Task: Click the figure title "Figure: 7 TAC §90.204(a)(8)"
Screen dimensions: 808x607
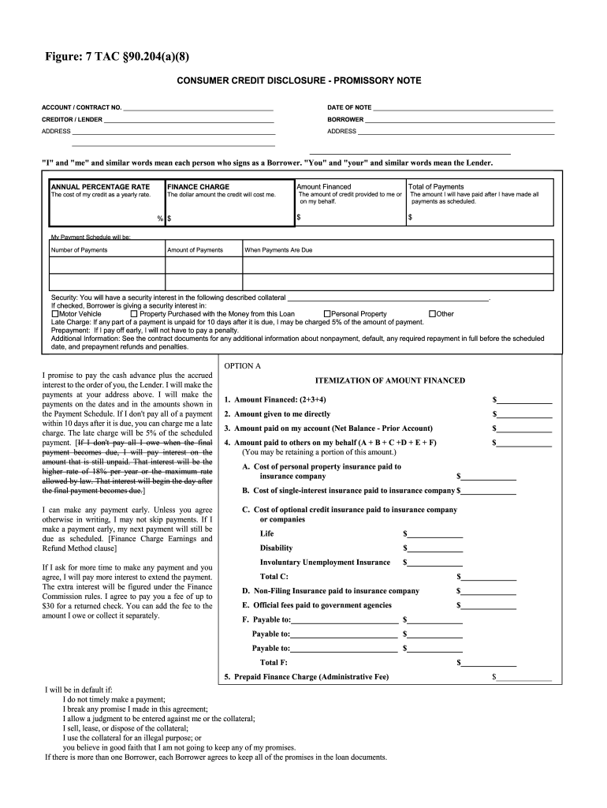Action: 117,56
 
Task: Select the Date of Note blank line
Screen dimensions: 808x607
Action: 463,107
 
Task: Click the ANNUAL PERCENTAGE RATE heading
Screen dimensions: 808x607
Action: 100,187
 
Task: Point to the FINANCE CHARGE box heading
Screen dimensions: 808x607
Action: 199,187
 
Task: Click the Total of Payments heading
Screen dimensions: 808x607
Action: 436,187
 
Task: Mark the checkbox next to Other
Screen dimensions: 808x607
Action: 432,314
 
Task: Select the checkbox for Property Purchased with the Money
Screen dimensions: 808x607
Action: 134,314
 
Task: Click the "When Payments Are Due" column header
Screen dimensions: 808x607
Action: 278,250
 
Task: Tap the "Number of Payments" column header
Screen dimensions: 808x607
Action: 79,250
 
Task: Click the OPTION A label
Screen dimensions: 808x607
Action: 242,366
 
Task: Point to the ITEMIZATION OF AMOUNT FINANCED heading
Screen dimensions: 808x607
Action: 390,380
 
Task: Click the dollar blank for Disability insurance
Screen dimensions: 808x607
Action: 435,548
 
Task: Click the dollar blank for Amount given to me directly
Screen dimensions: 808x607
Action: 525,414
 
